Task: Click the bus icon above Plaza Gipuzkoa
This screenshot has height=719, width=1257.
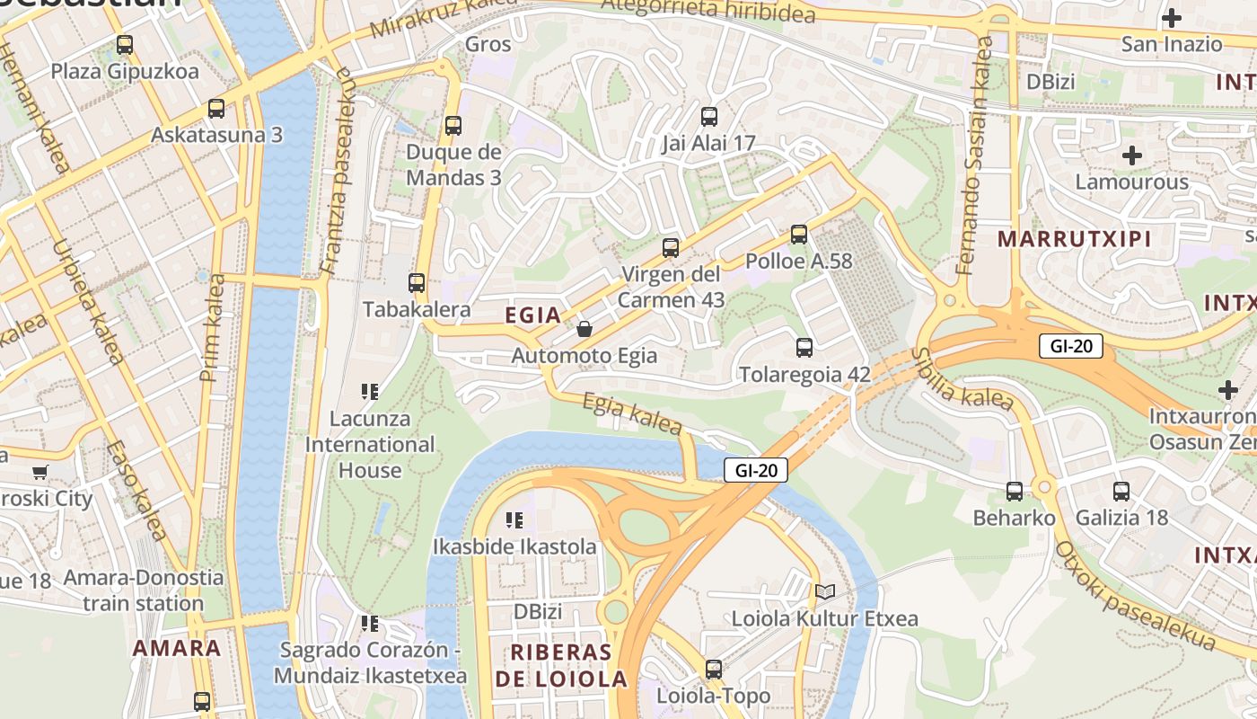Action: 125,44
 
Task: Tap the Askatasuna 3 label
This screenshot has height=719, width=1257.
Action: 216,135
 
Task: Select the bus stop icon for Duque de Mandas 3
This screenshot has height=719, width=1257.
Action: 453,126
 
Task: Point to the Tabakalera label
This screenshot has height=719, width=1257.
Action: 417,309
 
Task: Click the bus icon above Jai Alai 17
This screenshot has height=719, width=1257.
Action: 709,116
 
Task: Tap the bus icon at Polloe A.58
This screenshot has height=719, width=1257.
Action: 799,235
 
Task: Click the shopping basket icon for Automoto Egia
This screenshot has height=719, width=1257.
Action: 585,329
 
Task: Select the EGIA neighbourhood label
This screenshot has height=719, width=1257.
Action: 533,315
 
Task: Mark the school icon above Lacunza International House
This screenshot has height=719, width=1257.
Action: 369,391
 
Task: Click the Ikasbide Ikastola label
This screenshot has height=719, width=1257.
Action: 514,546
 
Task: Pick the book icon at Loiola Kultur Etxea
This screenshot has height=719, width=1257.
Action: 824,591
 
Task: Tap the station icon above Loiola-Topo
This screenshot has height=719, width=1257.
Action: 714,669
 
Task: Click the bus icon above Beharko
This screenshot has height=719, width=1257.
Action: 1015,491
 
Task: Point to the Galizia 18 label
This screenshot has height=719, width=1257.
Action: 1121,518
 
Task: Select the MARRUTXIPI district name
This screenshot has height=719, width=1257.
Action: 1074,239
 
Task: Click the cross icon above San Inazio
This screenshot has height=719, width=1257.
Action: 1172,17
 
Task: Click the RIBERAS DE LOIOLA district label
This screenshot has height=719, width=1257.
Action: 561,666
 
